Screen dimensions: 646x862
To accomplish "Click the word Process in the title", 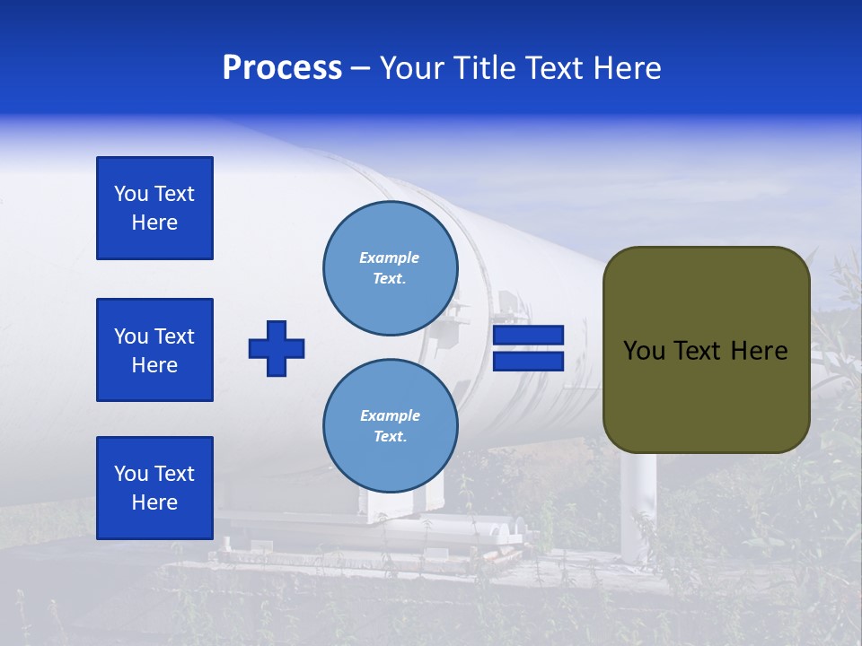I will pyautogui.click(x=282, y=68).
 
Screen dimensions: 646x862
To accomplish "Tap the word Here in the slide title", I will pyautogui.click(x=625, y=68).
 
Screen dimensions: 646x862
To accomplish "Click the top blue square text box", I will pyautogui.click(x=154, y=208).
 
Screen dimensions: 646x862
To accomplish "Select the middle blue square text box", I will pyautogui.click(x=154, y=350).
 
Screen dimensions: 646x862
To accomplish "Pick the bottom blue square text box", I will pyautogui.click(x=154, y=488).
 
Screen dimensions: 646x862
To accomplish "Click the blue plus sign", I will pyautogui.click(x=277, y=348).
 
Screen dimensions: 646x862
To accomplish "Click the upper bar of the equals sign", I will pyautogui.click(x=529, y=335).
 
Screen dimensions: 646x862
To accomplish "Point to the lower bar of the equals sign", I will pyautogui.click(x=529, y=361).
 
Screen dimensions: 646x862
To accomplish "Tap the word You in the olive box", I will pyautogui.click(x=644, y=351).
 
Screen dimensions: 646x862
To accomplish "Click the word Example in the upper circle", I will pyautogui.click(x=390, y=258).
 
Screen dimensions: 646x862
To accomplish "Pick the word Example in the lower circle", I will pyautogui.click(x=390, y=415).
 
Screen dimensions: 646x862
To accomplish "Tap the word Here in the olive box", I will pyautogui.click(x=759, y=351).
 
